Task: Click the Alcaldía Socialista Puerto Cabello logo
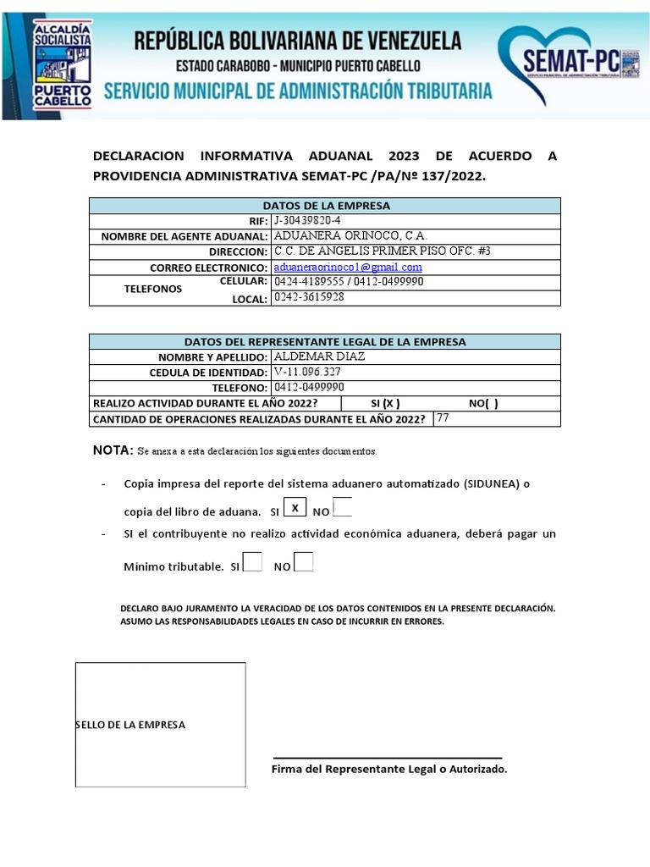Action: (61, 64)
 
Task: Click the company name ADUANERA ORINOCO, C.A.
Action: (350, 235)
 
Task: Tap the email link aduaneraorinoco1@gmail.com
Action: (348, 267)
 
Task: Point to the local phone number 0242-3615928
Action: (309, 297)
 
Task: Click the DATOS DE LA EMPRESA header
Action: (326, 205)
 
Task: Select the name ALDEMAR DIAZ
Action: (320, 356)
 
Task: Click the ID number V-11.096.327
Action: (308, 372)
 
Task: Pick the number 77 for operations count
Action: (443, 417)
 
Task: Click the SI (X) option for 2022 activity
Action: (385, 403)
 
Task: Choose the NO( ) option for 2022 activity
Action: (483, 403)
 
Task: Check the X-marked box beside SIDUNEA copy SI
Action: (295, 508)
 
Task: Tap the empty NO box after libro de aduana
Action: (343, 508)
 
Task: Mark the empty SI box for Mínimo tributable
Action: (252, 562)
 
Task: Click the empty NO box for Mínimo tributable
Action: (304, 562)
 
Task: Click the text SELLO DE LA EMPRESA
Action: (130, 725)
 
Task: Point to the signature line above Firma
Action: (387, 758)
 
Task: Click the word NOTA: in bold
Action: (113, 450)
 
